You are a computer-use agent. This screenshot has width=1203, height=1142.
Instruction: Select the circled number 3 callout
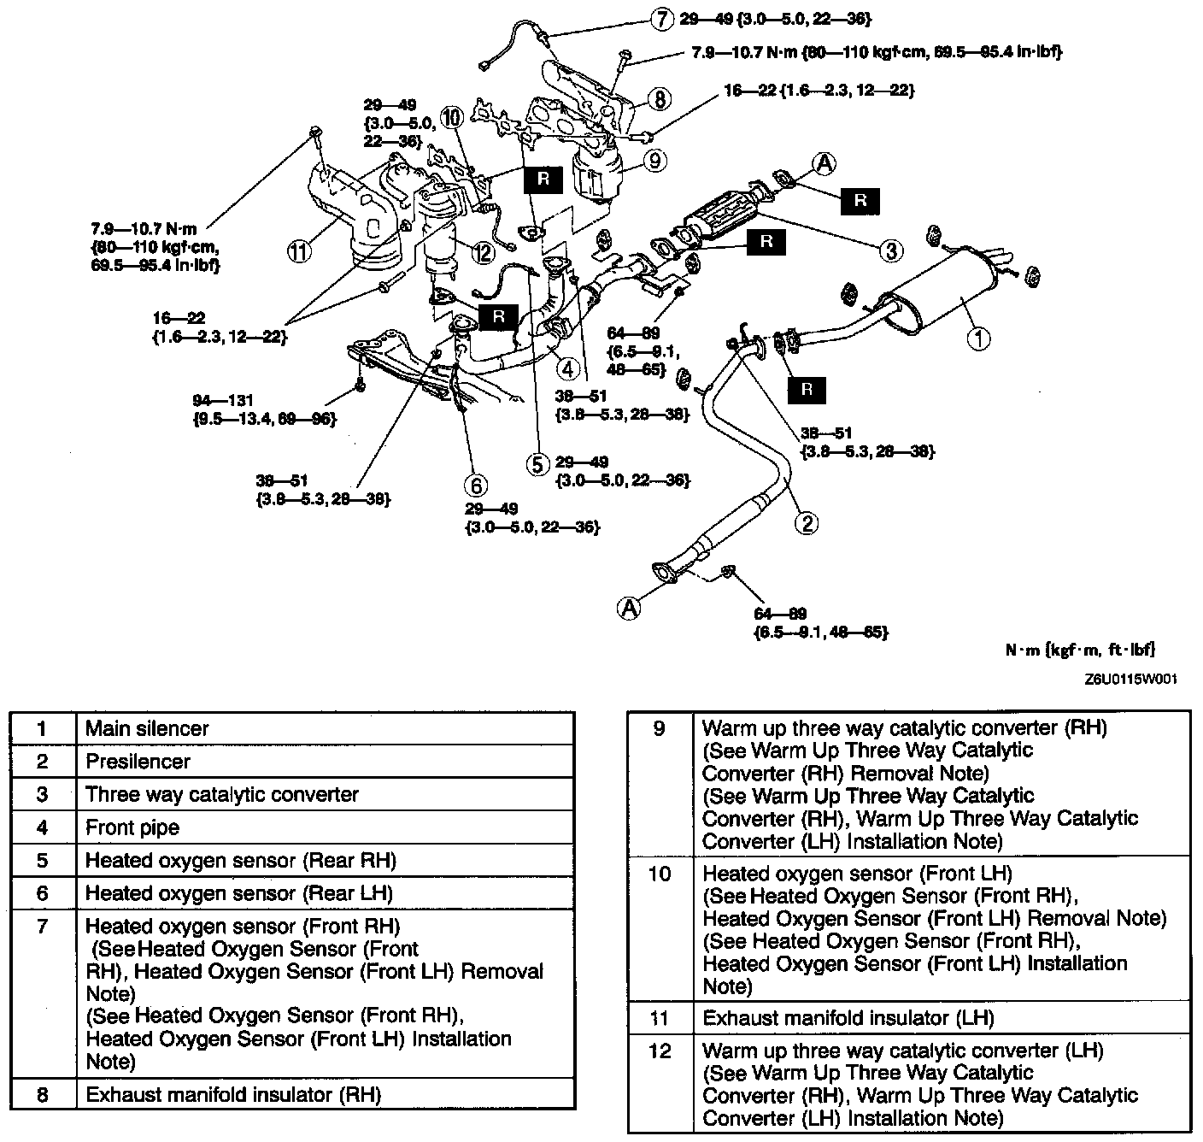(890, 250)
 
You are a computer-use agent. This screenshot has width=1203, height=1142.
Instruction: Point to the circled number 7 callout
(662, 18)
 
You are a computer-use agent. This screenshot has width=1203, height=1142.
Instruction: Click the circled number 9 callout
(655, 160)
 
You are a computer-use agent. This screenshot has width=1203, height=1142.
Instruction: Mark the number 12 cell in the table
(660, 1051)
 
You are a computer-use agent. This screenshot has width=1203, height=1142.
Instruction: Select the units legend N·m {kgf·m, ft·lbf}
(1080, 650)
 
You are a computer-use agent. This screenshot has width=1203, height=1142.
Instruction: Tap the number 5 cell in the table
(43, 860)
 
